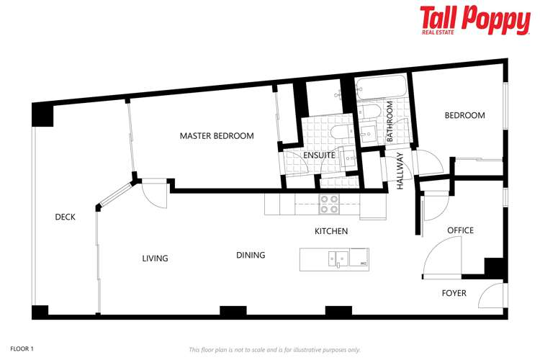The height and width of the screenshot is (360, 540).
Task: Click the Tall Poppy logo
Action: pos(474,20)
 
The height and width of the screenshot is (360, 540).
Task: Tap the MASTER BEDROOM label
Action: pos(217,136)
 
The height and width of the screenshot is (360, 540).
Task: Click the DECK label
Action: pos(65,217)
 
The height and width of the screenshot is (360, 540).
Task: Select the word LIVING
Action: pos(155,258)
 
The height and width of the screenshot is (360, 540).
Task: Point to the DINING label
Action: pos(251,255)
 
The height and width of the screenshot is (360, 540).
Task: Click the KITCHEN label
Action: pos(331,232)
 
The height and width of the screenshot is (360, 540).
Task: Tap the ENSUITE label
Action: pos(318,154)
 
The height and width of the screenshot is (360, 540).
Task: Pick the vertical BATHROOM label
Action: pos(390,121)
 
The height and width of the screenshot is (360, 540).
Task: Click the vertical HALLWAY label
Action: pos(400,174)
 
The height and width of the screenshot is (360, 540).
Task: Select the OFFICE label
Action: pos(460,230)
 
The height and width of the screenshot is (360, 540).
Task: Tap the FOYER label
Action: pos(454,293)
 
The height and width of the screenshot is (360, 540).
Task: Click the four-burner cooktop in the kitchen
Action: pos(329,204)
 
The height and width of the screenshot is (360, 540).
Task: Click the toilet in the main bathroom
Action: pos(372,112)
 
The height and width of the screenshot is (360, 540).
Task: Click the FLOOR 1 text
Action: pos(22,348)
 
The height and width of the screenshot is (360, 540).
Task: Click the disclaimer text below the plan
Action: pos(274,350)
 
